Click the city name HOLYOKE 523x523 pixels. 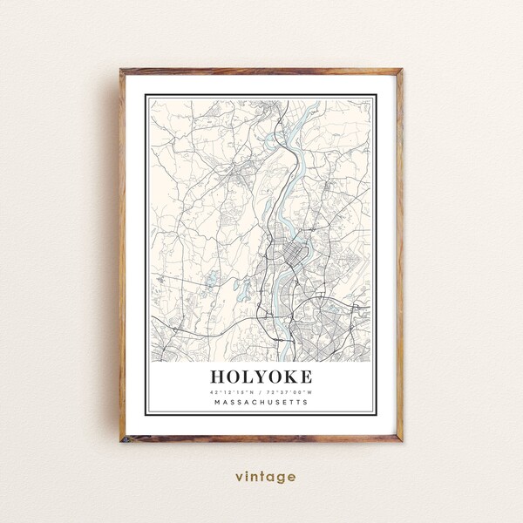(261, 377)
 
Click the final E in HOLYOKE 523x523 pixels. (305, 377)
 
